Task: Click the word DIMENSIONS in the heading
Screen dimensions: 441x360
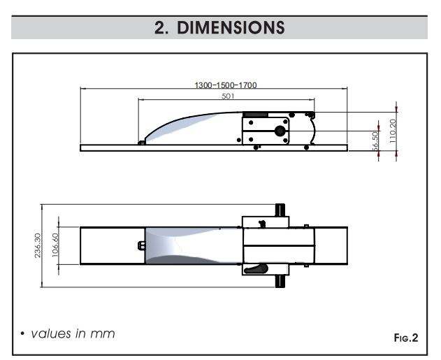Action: pos(231,27)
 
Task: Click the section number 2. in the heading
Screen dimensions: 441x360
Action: pos(161,28)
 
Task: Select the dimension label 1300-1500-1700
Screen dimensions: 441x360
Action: pos(226,85)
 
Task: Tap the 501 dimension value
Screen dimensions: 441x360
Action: pos(228,96)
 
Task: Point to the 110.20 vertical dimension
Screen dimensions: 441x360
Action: pos(393,131)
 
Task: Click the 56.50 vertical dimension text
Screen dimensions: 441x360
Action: pos(375,141)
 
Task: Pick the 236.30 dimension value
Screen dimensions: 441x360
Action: pos(38,245)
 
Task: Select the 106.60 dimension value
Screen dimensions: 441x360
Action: pos(55,245)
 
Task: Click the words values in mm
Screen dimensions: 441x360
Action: pos(73,333)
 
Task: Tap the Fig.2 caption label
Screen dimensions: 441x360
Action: pos(406,338)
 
